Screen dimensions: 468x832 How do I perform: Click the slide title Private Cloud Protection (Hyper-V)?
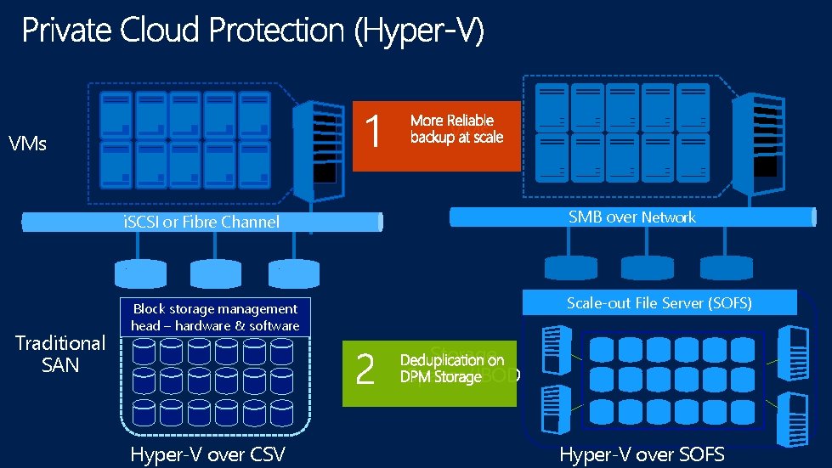(x=252, y=31)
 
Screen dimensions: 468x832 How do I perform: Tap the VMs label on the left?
(x=27, y=144)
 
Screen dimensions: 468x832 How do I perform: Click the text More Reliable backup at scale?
(x=456, y=129)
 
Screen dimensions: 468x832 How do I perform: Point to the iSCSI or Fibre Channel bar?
(x=201, y=223)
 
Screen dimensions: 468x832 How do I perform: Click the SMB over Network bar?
(x=631, y=217)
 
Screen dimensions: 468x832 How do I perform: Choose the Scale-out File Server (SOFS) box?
(x=659, y=302)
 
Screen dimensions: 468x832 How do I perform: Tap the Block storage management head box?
(x=215, y=317)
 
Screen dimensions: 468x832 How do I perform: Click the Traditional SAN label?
(x=60, y=353)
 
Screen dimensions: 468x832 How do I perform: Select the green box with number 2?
(x=366, y=371)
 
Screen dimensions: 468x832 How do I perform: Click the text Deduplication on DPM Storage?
(x=452, y=369)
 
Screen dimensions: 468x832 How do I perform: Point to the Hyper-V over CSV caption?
(x=207, y=454)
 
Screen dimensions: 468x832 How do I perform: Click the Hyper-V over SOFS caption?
(x=642, y=454)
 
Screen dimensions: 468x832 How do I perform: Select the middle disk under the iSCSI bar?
(x=216, y=273)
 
